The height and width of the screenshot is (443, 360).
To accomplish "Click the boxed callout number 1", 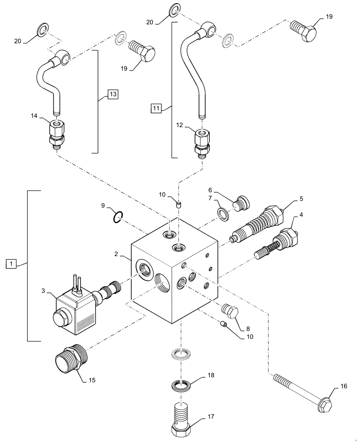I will click(11, 264).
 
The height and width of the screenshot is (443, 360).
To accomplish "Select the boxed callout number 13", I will click(113, 94).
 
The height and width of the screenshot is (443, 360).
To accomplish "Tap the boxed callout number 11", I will click(156, 107).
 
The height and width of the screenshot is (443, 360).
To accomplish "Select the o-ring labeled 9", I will click(117, 217).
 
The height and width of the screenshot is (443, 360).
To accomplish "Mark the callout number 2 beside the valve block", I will click(115, 254).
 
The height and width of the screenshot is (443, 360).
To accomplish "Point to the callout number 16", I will click(343, 387).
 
